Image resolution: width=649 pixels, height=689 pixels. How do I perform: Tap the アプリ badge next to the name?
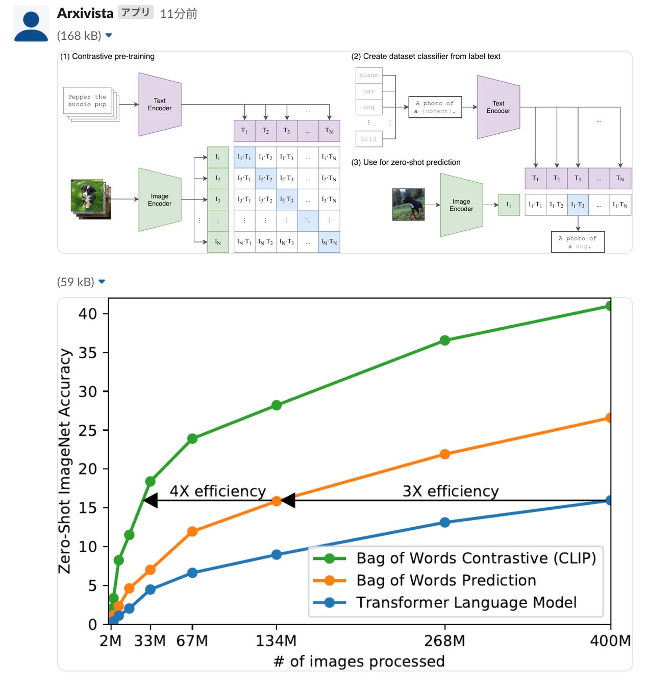(x=136, y=12)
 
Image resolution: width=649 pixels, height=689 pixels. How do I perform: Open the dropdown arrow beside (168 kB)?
(x=108, y=36)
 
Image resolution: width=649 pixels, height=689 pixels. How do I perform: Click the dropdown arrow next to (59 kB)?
(x=102, y=282)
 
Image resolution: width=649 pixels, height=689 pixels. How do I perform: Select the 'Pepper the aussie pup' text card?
(x=88, y=101)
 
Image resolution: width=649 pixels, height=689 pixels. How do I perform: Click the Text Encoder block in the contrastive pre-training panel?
(x=160, y=105)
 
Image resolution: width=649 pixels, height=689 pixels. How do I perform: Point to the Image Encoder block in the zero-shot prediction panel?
(x=461, y=205)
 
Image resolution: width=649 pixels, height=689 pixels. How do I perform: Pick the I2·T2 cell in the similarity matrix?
(x=265, y=178)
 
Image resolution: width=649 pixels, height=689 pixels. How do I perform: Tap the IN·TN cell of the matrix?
(x=329, y=242)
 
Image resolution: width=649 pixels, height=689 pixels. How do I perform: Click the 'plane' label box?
(x=368, y=76)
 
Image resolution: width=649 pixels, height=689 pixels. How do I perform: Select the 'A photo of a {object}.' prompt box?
(x=435, y=107)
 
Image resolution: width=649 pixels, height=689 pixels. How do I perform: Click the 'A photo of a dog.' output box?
(x=578, y=242)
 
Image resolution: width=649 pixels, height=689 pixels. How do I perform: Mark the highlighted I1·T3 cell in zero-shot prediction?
(x=578, y=205)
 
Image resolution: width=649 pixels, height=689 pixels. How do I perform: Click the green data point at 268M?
(x=445, y=340)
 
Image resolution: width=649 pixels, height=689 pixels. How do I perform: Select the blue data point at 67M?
(x=192, y=573)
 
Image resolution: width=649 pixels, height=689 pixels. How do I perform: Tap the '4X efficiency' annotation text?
(x=218, y=491)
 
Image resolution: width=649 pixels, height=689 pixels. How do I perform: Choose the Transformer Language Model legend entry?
(x=466, y=603)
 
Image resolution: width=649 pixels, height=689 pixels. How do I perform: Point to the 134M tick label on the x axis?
(x=276, y=641)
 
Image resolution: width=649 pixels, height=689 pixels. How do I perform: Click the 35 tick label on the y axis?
(x=88, y=353)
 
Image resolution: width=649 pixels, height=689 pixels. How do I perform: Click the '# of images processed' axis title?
(x=359, y=661)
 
